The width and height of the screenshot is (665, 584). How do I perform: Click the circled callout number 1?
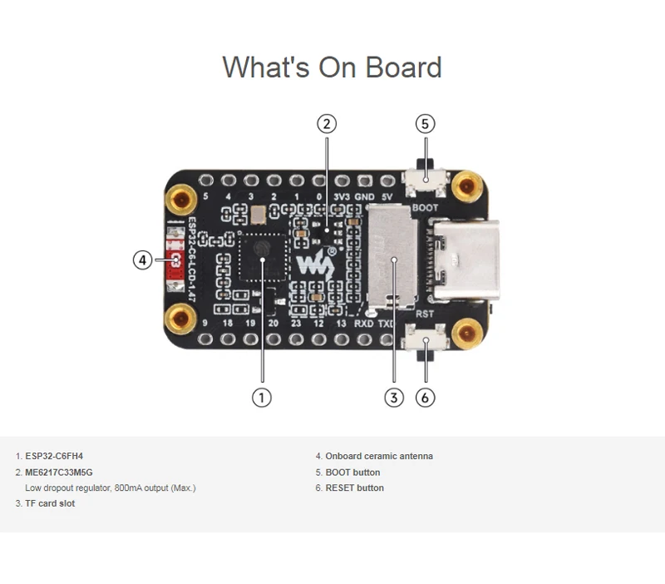(261, 398)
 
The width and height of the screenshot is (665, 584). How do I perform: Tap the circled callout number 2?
(327, 124)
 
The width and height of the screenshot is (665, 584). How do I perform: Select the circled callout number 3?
(394, 398)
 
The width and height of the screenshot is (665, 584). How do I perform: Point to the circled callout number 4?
(143, 260)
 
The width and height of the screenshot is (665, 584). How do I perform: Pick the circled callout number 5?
(425, 124)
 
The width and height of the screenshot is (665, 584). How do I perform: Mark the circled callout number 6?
(425, 398)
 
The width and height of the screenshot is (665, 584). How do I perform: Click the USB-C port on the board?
(464, 259)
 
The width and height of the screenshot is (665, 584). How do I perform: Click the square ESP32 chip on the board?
(262, 258)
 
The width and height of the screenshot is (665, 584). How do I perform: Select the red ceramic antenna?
(176, 261)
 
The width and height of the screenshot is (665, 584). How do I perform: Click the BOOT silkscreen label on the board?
(424, 207)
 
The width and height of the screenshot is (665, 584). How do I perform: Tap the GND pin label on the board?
(364, 197)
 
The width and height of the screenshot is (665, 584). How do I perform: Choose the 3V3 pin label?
(341, 197)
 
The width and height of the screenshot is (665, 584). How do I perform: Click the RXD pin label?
(364, 323)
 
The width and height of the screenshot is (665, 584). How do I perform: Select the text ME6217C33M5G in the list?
(59, 472)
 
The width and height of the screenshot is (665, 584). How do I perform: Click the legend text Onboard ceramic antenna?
(378, 456)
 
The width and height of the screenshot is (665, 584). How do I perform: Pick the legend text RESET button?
(354, 487)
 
